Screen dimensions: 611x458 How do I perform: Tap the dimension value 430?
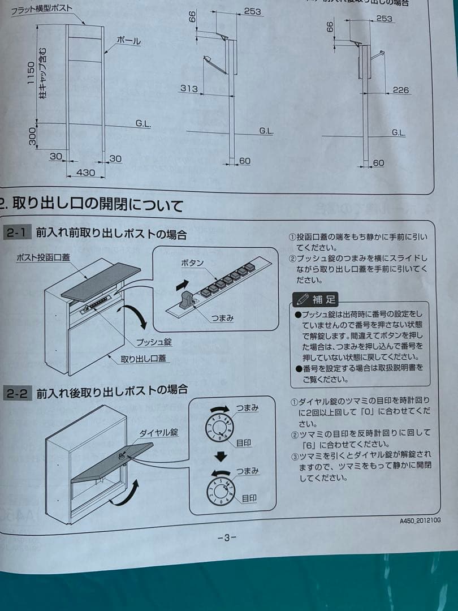86,173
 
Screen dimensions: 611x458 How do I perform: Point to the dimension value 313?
189,88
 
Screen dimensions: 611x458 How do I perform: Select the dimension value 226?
400,90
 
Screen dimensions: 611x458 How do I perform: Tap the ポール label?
128,41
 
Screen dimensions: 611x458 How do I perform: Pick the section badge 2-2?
17,394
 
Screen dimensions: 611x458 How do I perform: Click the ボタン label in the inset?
192,264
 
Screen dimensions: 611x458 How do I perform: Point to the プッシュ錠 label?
154,342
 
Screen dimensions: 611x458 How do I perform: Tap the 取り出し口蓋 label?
144,359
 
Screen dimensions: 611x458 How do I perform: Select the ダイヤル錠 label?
159,433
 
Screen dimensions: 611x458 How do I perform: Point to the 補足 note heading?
316,299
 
